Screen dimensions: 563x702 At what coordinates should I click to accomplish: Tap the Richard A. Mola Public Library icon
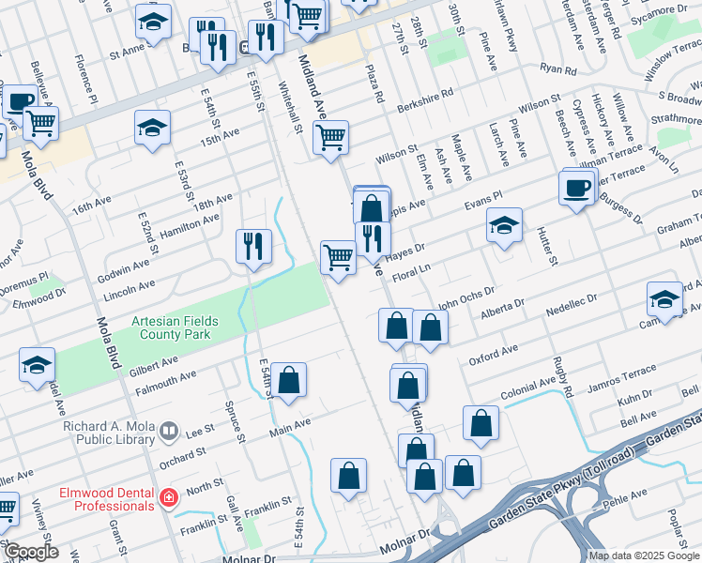coord(168,432)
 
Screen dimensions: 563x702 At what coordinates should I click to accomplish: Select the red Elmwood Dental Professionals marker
coord(168,497)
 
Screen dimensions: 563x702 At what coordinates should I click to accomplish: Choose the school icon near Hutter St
coord(504,225)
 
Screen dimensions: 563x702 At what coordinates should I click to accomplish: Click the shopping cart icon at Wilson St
coord(330,138)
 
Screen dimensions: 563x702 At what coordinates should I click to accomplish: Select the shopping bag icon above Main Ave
coord(290,381)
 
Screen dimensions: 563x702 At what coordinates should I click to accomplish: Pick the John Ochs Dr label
coord(465,298)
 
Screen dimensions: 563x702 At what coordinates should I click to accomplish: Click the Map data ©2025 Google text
coord(643,555)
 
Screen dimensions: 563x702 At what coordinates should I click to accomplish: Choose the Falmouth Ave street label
coord(165,376)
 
